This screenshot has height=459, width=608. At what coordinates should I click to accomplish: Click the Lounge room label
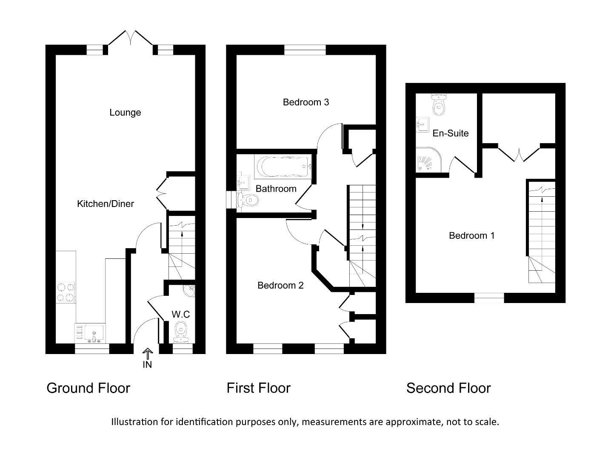pyautogui.click(x=125, y=113)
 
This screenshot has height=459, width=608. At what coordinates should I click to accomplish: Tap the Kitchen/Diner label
pyautogui.click(x=105, y=204)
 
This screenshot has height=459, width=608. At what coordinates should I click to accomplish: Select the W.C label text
pyautogui.click(x=180, y=314)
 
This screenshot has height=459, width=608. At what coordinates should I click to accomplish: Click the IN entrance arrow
pyautogui.click(x=147, y=354)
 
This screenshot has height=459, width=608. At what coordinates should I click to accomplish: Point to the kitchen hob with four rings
pyautogui.click(x=66, y=292)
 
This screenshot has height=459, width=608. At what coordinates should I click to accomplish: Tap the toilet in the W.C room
pyautogui.click(x=181, y=331)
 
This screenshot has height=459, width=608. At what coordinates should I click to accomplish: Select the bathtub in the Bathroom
pyautogui.click(x=283, y=167)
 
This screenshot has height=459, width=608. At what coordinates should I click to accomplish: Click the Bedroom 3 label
pyautogui.click(x=306, y=102)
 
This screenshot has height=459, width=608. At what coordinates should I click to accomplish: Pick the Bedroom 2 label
pyautogui.click(x=280, y=286)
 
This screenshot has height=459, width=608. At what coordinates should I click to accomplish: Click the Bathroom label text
pyautogui.click(x=276, y=189)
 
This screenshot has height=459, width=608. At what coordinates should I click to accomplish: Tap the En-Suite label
pyautogui.click(x=451, y=133)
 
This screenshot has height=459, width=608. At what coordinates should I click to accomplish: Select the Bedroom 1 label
pyautogui.click(x=472, y=236)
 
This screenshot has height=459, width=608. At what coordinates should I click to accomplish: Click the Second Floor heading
pyautogui.click(x=448, y=388)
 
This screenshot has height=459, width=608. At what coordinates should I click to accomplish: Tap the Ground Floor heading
pyautogui.click(x=88, y=388)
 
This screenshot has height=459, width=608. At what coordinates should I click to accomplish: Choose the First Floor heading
pyautogui.click(x=258, y=388)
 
